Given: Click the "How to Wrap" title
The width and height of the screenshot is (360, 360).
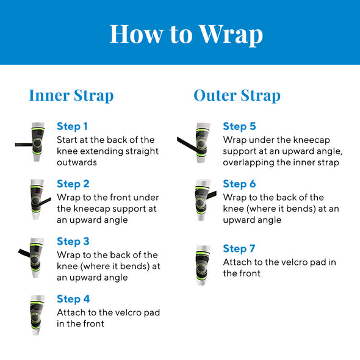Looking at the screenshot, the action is click(x=186, y=34).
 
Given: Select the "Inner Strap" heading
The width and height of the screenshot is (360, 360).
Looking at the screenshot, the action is click(x=71, y=96).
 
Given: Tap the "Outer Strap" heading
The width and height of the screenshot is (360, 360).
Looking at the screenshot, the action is click(x=237, y=96).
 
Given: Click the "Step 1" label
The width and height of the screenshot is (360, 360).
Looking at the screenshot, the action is click(x=72, y=126).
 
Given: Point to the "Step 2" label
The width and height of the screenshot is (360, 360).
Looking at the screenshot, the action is click(x=73, y=184).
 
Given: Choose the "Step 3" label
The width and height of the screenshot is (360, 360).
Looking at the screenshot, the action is click(x=73, y=242).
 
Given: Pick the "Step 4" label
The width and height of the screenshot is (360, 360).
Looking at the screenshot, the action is click(x=73, y=299).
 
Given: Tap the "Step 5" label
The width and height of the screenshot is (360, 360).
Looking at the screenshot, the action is click(x=239, y=126).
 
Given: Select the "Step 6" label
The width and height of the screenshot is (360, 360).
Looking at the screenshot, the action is click(x=239, y=184).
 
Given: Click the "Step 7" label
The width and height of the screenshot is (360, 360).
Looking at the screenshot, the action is click(x=239, y=249).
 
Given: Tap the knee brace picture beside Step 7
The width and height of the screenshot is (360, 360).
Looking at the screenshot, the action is click(x=203, y=265).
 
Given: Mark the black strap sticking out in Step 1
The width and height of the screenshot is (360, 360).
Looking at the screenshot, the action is click(x=24, y=145).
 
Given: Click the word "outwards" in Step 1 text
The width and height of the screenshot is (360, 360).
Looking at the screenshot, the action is click(x=77, y=162).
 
